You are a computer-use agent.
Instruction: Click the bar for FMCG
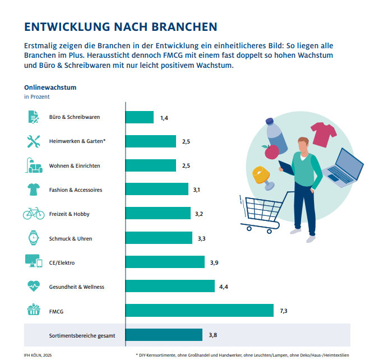point(199,311)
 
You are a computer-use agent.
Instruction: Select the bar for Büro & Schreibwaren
point(139,117)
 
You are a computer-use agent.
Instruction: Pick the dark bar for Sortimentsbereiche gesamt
point(164,335)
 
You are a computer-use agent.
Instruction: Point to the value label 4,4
point(223,287)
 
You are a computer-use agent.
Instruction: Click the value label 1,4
point(164,117)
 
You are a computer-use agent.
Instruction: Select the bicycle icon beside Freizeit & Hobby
point(33,214)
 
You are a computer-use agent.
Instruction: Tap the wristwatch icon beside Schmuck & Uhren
point(33,238)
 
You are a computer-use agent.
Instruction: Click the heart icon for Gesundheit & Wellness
point(33,286)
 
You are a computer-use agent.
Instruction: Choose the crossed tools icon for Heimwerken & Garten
point(33,141)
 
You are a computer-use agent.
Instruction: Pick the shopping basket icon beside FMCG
point(33,310)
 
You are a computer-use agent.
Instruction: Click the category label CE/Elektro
point(62,262)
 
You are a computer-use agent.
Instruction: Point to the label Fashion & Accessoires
point(76,190)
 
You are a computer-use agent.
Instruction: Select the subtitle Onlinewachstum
point(50,87)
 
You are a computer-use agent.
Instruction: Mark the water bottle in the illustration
point(276,136)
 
